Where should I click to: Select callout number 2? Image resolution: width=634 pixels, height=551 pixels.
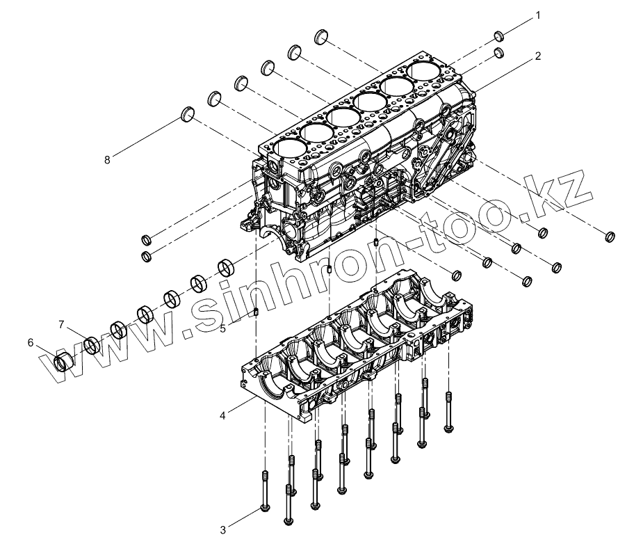coord(537,56)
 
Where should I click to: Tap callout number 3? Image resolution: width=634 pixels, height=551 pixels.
coord(222,530)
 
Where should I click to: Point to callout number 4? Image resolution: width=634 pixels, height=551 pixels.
coord(222,415)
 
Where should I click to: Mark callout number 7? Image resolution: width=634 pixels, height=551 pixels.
coord(61,324)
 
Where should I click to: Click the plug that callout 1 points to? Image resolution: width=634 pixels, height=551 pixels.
coord(500,36)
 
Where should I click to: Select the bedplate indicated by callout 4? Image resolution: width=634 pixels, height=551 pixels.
coord(348,348)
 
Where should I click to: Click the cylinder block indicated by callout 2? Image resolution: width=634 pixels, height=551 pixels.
coord(361,146)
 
